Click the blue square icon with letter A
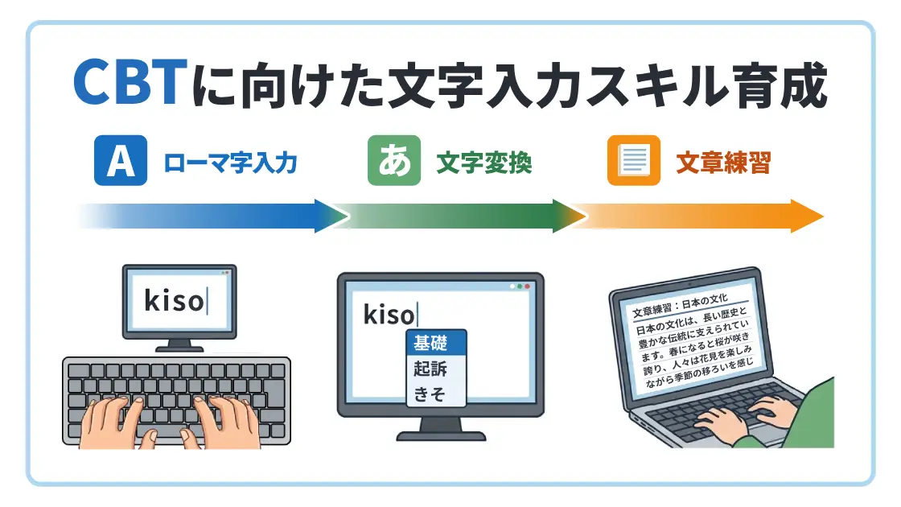click(121, 162)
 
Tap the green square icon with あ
click(394, 162)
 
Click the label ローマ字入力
click(231, 163)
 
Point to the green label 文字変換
click(483, 163)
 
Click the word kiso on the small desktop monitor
click(173, 302)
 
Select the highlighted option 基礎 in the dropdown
click(429, 343)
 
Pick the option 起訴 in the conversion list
click(429, 369)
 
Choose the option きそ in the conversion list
click(429, 394)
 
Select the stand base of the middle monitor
click(441, 436)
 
